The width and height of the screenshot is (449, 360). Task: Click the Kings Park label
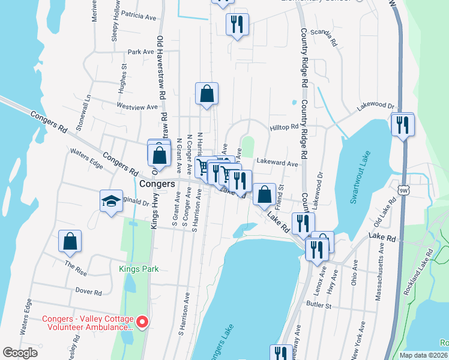coord(139,269)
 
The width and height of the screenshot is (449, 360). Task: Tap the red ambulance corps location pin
coord(142,322)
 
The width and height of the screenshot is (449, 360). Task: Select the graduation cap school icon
coord(112,201)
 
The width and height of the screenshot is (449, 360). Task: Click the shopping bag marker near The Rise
coord(70,241)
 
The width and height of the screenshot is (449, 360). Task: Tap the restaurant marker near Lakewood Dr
coord(402,125)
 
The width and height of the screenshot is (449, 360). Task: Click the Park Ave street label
coord(141,52)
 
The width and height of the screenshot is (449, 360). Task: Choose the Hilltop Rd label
coord(284,127)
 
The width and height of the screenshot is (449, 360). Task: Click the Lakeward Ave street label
coord(277,163)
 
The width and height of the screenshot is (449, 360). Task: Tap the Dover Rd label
coord(89,292)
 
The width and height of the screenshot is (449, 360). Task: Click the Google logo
coord(20,353)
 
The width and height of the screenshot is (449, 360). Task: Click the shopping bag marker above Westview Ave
coord(206,94)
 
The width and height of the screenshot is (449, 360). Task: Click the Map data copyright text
coord(423,355)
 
